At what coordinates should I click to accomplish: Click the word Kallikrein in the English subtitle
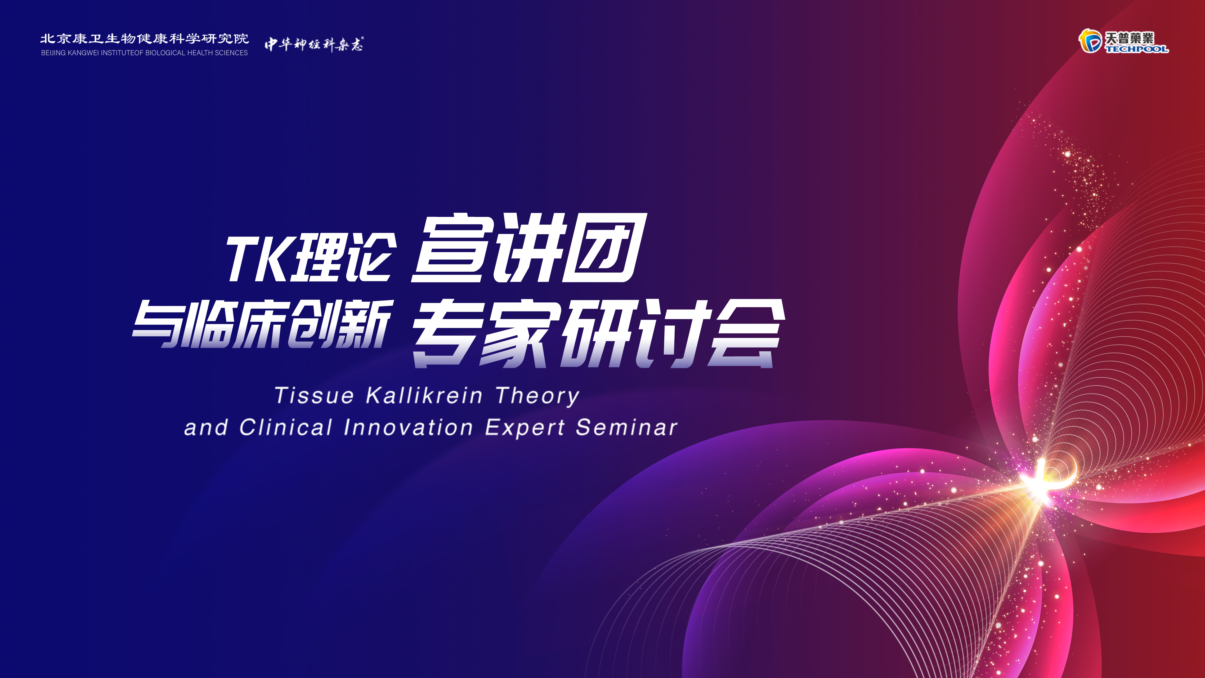pos(424,395)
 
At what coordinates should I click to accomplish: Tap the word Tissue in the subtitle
pos(314,395)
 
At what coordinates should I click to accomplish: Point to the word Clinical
pos(286,427)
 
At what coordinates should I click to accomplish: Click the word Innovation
pos(408,427)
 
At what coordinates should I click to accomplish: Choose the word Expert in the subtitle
pos(525,428)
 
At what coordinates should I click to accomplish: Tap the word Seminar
pos(627,427)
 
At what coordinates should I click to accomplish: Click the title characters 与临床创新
pos(262,324)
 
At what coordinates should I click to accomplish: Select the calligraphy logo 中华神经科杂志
pos(314,44)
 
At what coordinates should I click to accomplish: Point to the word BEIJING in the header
pos(53,53)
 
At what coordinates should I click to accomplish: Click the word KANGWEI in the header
pos(83,53)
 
